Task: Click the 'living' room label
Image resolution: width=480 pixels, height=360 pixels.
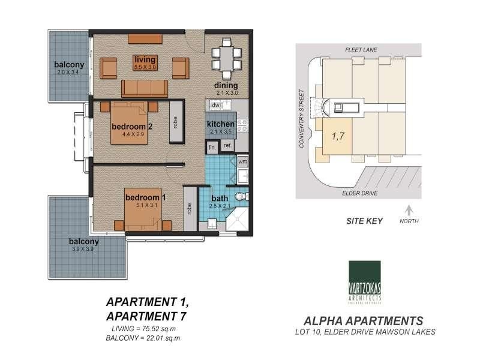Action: point(145,59)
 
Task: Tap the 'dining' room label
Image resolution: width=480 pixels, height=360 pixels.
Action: point(226,85)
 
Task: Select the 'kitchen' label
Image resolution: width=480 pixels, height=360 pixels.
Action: point(220,124)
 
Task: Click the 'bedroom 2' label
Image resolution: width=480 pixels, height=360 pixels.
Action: point(133,127)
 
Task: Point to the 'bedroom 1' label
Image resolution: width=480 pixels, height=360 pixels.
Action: point(144,197)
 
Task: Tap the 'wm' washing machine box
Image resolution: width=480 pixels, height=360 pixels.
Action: point(242,162)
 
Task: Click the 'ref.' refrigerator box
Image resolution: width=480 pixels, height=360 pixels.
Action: point(227,145)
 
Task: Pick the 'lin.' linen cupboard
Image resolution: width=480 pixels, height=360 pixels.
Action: point(212,146)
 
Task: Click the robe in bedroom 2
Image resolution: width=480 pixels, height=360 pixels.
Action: point(176,121)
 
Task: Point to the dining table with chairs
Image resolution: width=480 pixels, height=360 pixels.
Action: point(226,56)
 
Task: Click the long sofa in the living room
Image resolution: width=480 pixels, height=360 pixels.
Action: point(145,88)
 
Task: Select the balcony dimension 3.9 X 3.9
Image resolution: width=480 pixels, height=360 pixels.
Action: point(83,250)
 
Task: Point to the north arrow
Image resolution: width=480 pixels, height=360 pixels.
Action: point(409,210)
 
